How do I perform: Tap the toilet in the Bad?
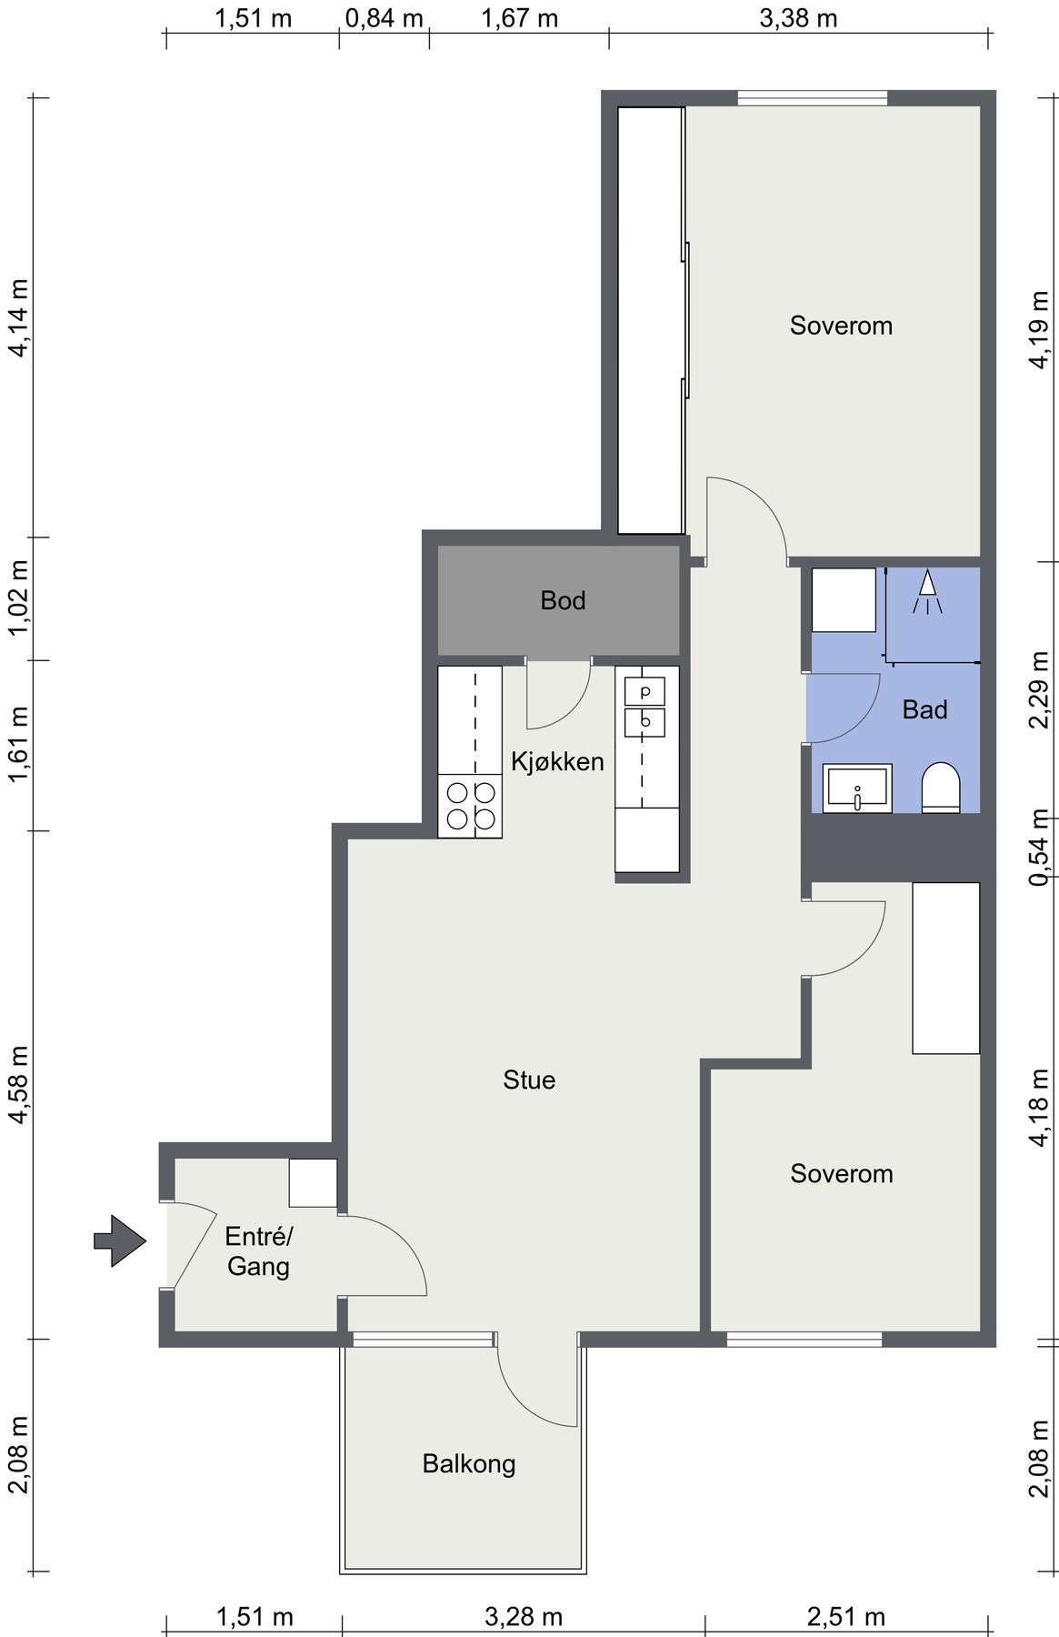tap(941, 788)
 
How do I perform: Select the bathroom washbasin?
tap(857, 788)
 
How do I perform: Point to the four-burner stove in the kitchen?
tap(470, 806)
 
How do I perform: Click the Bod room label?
tap(563, 600)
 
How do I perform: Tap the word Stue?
tap(529, 1080)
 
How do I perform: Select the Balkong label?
tap(469, 1463)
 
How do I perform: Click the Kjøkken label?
tap(557, 761)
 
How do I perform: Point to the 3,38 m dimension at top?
tap(798, 18)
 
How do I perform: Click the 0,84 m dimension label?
tap(385, 18)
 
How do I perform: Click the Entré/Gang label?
tap(259, 1251)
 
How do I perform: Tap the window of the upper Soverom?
tap(812, 97)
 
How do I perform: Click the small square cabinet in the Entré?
tap(313, 1183)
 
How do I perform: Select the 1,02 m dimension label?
tap(19, 598)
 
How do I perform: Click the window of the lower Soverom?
tap(804, 1339)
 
